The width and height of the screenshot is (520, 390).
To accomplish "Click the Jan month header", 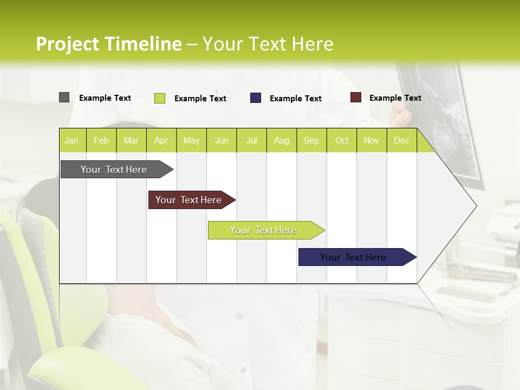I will [72, 140].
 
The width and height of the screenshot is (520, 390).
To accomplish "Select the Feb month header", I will [101, 140].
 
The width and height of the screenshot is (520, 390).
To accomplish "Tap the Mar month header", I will [131, 140].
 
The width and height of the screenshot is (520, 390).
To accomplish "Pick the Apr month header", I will [161, 140].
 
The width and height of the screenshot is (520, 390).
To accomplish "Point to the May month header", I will [191, 140].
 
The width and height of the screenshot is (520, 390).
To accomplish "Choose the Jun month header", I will [222, 140].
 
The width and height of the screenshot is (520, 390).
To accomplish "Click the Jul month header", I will [251, 140].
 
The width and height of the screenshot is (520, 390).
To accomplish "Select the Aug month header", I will [282, 140].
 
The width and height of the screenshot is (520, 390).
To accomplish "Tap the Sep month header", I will [311, 140].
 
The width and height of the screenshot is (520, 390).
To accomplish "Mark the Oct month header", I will [342, 140].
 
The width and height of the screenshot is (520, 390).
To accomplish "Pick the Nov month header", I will [372, 140].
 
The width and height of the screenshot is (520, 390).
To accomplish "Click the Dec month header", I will [401, 140].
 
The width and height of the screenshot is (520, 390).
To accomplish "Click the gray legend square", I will [64, 97].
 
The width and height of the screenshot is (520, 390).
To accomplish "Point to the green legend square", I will [160, 98].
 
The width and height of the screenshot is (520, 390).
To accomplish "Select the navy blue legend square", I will [256, 98].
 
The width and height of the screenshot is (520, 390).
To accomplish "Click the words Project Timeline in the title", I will [109, 44].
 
